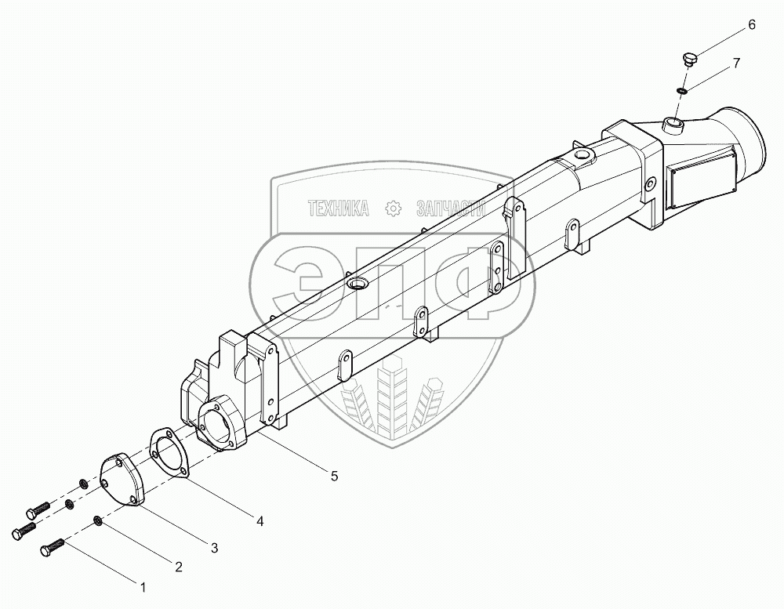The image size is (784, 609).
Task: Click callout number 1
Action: [143, 588]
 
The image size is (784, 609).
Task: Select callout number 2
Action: [179, 567]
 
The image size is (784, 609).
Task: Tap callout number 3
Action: [214, 548]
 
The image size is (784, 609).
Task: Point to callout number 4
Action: [260, 521]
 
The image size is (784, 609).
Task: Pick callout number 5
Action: [334, 476]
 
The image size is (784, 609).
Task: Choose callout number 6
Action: [752, 25]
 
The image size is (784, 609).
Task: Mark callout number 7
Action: [736, 63]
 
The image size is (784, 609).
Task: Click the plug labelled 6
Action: [689, 59]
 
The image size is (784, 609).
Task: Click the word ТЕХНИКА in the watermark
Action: [339, 208]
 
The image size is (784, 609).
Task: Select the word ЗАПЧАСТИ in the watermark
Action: [451, 208]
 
